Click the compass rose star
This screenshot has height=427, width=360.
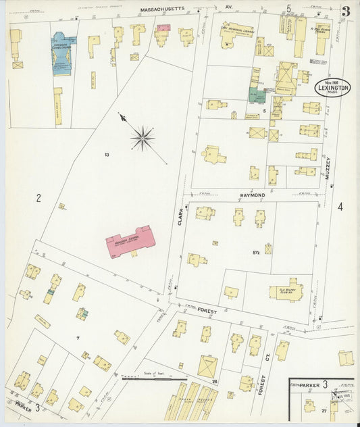point(142,139)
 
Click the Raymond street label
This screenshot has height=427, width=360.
point(253,195)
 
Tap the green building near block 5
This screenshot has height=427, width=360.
point(256,95)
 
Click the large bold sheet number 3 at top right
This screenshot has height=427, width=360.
point(345,11)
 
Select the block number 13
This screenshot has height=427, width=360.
point(107,155)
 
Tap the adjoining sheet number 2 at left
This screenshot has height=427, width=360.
point(38,198)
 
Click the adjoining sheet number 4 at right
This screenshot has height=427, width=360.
point(340,207)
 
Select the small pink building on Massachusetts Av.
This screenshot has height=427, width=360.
point(163,28)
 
